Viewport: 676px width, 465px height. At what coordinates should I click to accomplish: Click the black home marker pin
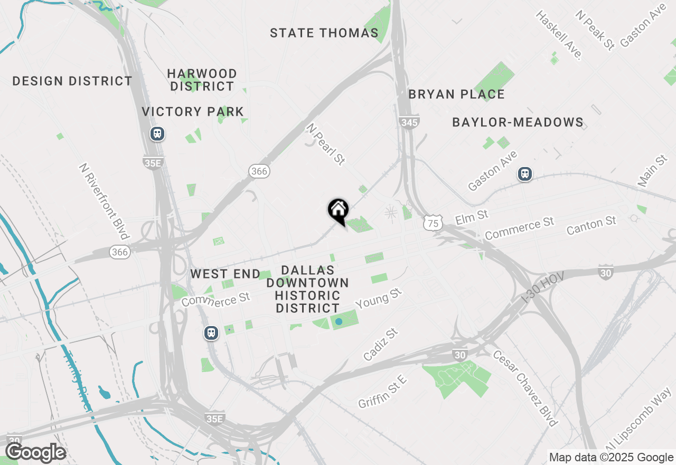coord(338,210)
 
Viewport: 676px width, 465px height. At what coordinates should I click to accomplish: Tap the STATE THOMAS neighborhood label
coord(324,33)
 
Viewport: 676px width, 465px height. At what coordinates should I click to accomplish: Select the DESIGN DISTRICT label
coord(72,81)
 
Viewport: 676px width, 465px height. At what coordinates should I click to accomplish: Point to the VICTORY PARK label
coord(193,112)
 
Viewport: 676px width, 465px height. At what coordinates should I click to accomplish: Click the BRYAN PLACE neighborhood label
coord(457,95)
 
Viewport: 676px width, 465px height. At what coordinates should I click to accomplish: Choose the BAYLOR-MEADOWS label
coord(518,123)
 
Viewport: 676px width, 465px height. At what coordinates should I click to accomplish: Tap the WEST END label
coord(226,274)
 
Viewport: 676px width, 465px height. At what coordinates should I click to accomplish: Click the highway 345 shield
coord(409,123)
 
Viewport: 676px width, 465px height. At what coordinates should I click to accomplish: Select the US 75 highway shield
coord(433,224)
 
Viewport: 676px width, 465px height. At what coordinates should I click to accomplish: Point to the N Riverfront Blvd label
coord(104,201)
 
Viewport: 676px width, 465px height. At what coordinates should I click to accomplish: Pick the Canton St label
coord(591,226)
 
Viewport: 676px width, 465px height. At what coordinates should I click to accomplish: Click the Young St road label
coord(379,299)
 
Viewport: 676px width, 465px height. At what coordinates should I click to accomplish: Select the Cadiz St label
coord(380,344)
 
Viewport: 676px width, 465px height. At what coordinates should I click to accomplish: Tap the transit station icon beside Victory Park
coord(157,134)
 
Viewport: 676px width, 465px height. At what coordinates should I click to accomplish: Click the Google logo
coord(36,453)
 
